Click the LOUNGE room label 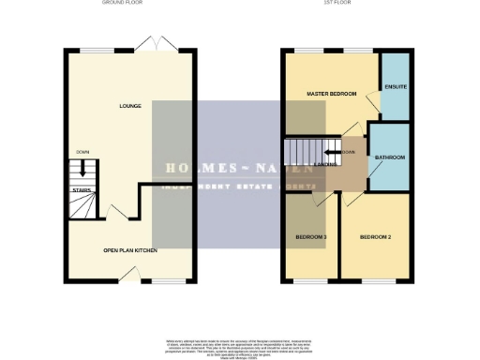(130, 106)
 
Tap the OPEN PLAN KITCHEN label (130, 250)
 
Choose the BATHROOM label (390, 157)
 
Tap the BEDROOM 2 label (375, 237)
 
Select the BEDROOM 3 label (311, 237)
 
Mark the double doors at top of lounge (146, 43)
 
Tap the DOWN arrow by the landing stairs (346, 152)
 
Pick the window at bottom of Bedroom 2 (378, 280)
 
